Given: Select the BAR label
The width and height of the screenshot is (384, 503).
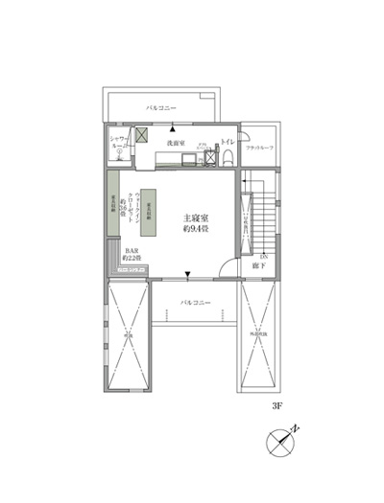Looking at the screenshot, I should point(130,252).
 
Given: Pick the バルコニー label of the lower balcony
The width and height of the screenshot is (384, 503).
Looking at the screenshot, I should point(196,303).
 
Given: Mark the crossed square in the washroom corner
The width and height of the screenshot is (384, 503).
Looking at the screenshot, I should point(141,136).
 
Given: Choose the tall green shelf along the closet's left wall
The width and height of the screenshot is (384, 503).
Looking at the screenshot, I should point(113,208).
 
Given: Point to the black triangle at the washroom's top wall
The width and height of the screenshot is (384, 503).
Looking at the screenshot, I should point(172,127).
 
